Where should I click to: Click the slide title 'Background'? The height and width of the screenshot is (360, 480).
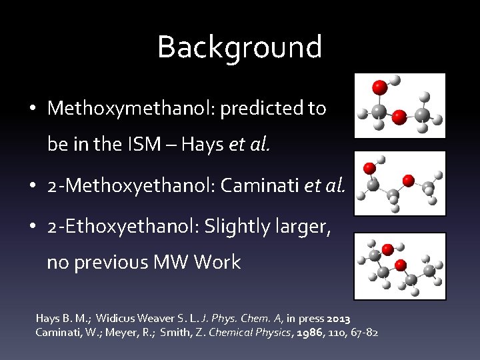[239, 47]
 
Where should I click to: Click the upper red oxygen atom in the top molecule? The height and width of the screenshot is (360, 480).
[379, 87]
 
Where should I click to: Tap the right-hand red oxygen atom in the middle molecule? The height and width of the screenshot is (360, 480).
[409, 181]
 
